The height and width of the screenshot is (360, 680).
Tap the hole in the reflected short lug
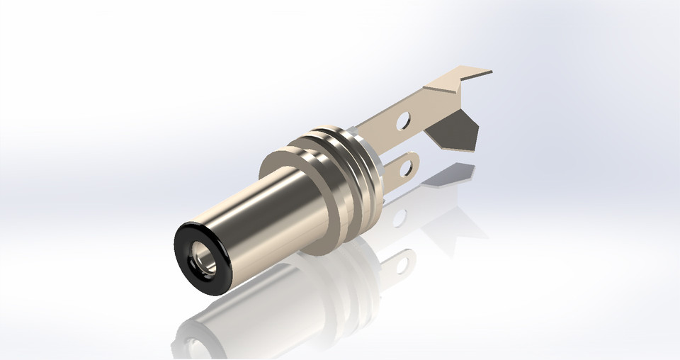[x=404, y=264]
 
